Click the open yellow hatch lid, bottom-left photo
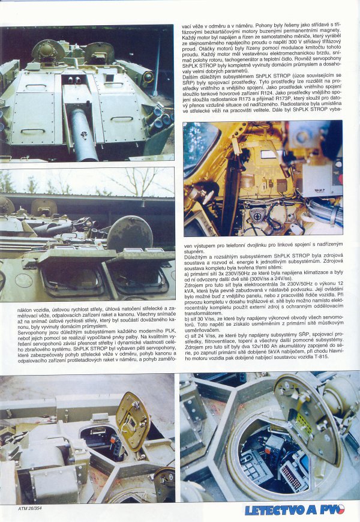(x=133, y=421)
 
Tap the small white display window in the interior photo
(x=268, y=154)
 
